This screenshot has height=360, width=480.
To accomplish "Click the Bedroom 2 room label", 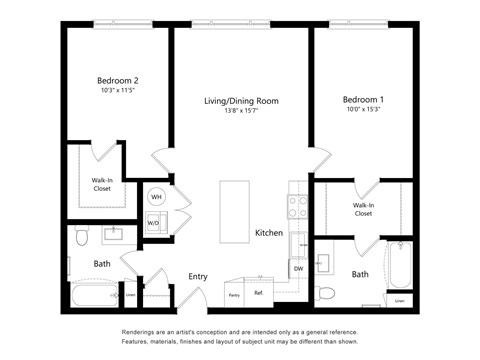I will click(x=117, y=80).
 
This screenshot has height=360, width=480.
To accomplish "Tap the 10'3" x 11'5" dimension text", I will click(x=117, y=91).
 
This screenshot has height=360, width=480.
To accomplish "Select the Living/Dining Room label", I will click(x=241, y=101).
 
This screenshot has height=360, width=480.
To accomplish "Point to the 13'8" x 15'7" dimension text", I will click(x=241, y=112).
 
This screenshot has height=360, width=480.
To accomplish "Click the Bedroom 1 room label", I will click(x=362, y=100).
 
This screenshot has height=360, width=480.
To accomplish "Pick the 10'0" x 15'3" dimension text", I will click(x=362, y=111).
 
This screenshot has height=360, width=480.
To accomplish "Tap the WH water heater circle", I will click(x=156, y=197).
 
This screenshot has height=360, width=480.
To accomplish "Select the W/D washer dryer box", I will click(x=154, y=223).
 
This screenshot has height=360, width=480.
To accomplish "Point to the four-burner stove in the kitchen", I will click(x=297, y=206).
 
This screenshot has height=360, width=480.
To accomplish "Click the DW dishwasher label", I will click(x=298, y=268).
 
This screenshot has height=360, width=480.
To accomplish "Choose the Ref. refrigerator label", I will click(x=258, y=293).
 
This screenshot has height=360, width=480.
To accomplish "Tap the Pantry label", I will click(x=234, y=294).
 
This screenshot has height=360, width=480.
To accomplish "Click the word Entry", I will click(x=198, y=277).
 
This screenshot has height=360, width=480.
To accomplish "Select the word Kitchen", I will click(x=268, y=233).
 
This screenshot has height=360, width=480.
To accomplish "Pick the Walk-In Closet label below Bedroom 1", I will click(x=362, y=209).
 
